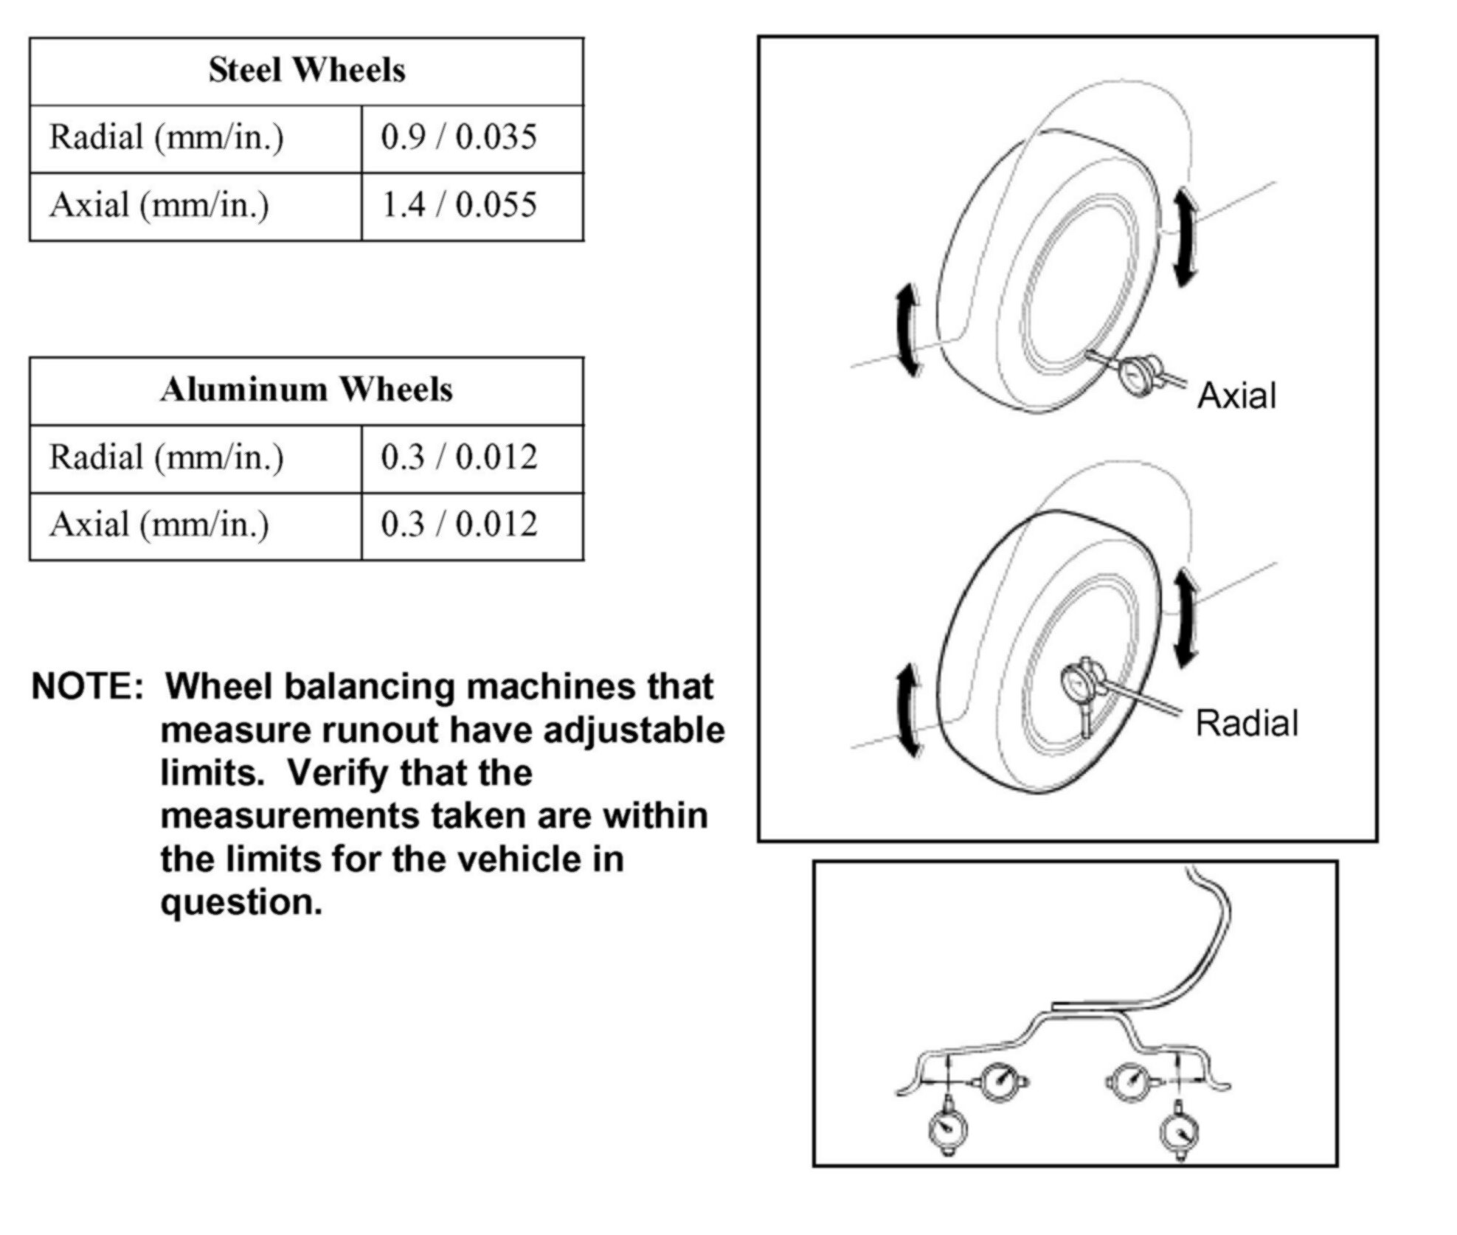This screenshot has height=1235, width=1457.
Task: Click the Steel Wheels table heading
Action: [x=306, y=70]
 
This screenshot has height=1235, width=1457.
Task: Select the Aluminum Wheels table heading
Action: [x=306, y=390]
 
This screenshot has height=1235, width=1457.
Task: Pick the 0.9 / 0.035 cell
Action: [x=458, y=137]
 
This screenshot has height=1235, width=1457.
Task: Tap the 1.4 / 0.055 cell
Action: [x=458, y=205]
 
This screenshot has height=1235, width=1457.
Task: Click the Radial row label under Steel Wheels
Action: [x=166, y=137]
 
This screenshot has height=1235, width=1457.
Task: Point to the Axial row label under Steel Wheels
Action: [x=159, y=205]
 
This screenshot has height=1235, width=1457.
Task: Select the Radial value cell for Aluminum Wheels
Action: [x=458, y=457]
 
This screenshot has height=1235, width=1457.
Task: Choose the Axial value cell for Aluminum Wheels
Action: [x=458, y=525]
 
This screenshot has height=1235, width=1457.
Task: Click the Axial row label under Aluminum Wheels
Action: [x=159, y=525]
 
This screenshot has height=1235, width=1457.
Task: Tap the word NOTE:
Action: [x=87, y=687]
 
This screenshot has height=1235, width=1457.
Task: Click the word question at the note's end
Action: [x=241, y=902]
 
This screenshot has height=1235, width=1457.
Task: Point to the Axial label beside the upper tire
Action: [x=1236, y=395]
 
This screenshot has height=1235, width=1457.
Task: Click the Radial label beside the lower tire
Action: [x=1246, y=723]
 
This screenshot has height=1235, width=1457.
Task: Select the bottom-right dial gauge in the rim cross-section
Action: [x=1179, y=1129]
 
